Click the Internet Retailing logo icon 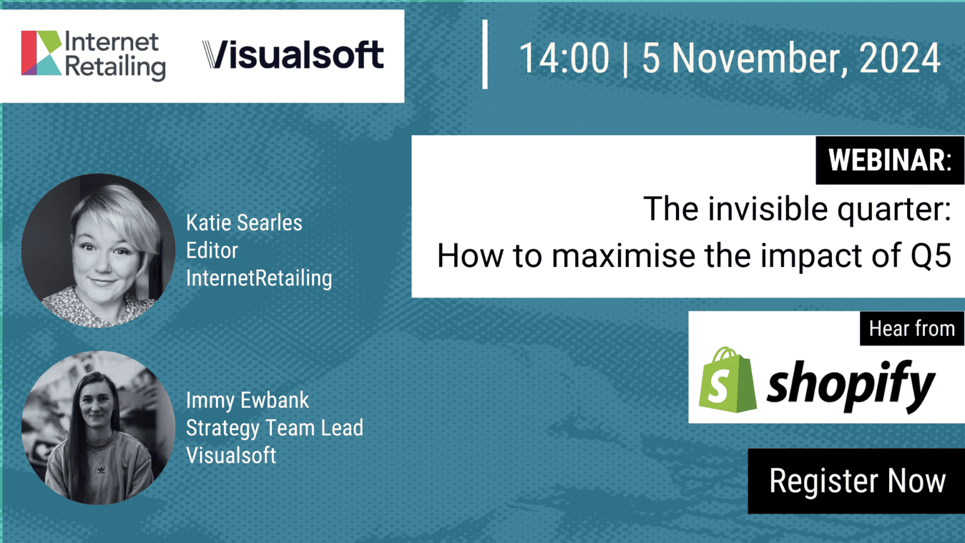[41, 53]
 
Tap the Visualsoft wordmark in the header [293, 55]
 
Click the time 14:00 [564, 58]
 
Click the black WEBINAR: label [890, 160]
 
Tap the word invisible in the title [768, 209]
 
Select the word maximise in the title [624, 256]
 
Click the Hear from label [912, 329]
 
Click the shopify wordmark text [851, 385]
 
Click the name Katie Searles [244, 223]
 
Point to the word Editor [212, 250]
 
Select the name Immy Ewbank [248, 401]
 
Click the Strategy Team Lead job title [275, 429]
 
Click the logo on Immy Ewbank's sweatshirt [101, 469]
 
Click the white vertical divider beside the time [485, 54]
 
